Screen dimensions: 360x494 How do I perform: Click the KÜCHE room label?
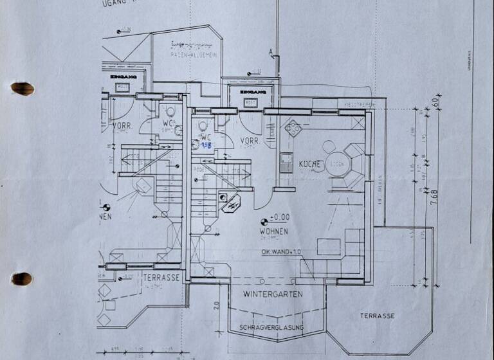(x=310, y=165)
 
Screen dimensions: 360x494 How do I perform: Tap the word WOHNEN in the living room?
(x=274, y=231)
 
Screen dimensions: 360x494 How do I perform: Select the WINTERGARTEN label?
(x=273, y=294)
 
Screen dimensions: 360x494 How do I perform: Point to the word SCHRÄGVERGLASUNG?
(x=271, y=328)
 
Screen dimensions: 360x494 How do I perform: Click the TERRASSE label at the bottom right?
(x=377, y=316)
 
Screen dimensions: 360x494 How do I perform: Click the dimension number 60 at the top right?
(x=435, y=101)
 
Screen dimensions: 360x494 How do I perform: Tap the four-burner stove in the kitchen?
(x=293, y=128)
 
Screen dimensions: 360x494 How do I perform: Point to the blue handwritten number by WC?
(x=207, y=146)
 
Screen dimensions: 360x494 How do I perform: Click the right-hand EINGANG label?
(x=250, y=93)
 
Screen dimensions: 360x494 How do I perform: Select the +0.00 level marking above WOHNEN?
(x=280, y=217)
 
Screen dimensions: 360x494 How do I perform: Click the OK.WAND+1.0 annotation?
(x=280, y=251)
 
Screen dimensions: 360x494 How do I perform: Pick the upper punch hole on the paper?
(x=22, y=88)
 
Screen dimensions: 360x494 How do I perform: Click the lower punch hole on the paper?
(x=22, y=278)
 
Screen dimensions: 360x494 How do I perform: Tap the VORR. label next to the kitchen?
(x=250, y=141)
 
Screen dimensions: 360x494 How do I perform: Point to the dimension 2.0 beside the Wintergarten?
(x=217, y=305)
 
